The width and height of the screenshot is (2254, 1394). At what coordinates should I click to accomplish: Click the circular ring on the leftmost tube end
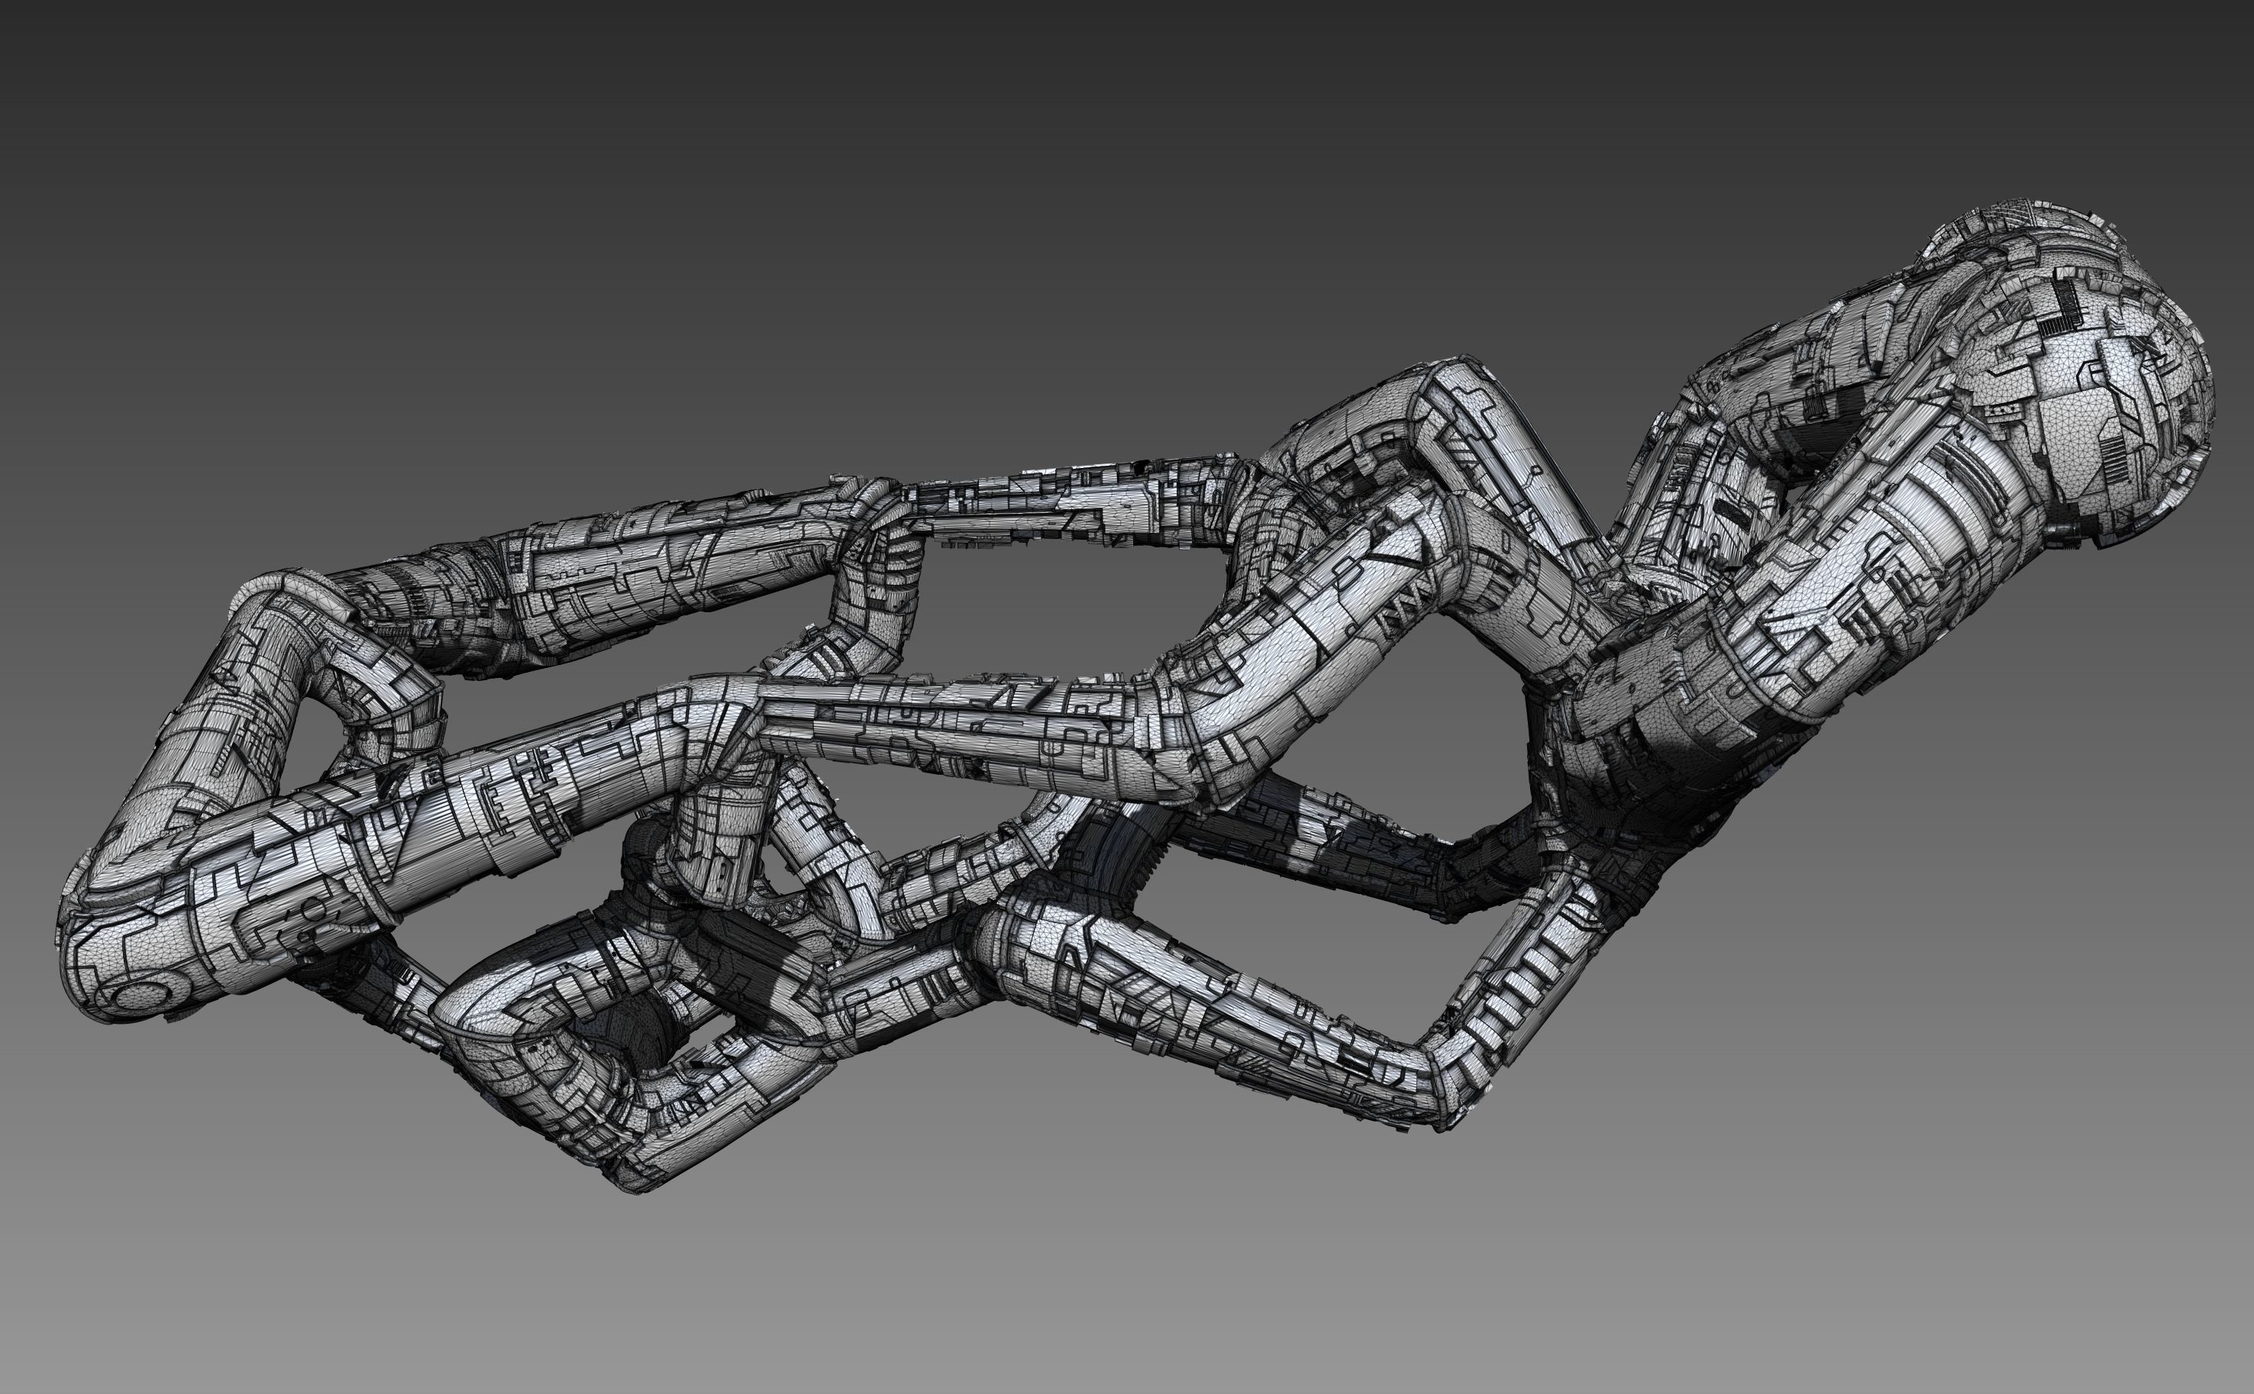point(145,994)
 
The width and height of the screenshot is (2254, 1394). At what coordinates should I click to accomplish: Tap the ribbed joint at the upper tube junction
point(885,534)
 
